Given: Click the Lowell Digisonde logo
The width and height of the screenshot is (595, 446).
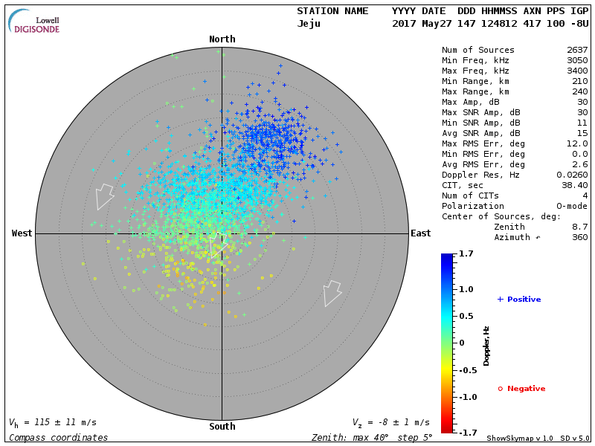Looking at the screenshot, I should [34, 21].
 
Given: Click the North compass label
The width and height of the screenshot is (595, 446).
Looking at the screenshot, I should [222, 39].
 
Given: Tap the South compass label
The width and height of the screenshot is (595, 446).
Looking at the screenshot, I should [222, 427].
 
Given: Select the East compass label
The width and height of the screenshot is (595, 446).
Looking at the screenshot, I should [420, 233].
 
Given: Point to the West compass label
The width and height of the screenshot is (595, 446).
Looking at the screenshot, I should [22, 233].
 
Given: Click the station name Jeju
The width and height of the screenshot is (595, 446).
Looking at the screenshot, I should [309, 24].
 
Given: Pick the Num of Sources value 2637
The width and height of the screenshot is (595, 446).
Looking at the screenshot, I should [577, 51].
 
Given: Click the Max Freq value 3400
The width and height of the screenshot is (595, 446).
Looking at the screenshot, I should [577, 71].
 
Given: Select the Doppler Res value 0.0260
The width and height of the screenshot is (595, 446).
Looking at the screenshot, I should [572, 175].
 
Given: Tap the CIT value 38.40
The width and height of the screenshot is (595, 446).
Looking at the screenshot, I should [575, 185].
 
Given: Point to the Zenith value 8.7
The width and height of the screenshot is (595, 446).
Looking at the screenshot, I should [579, 227].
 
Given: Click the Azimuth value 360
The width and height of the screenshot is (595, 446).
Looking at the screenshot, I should [579, 237].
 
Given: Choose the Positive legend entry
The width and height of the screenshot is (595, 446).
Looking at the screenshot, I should [519, 300].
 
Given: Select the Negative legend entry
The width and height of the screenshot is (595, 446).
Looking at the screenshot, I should [521, 389].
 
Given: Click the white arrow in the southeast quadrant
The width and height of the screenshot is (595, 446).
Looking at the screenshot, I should [332, 293].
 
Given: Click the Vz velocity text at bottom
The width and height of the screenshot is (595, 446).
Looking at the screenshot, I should [390, 422].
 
